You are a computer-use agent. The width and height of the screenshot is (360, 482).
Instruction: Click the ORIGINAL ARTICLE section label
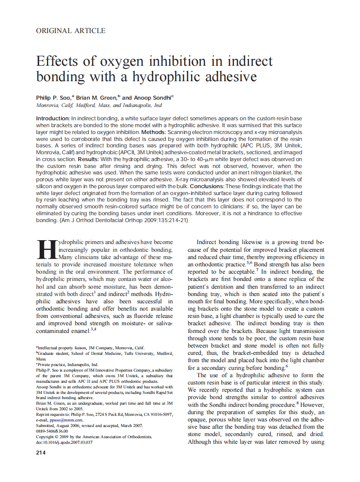tap(71, 31)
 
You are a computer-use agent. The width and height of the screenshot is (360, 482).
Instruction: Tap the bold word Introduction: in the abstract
tap(53, 118)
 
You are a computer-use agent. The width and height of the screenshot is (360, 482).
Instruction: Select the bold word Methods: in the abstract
tap(154, 132)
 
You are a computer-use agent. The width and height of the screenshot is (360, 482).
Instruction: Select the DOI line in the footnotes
tap(64, 442)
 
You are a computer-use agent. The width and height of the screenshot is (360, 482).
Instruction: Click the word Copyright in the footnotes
tap(47, 436)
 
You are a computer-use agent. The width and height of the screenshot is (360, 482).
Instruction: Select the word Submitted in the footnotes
tap(47, 425)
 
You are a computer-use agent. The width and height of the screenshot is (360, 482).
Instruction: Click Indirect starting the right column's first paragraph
tap(207, 242)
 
